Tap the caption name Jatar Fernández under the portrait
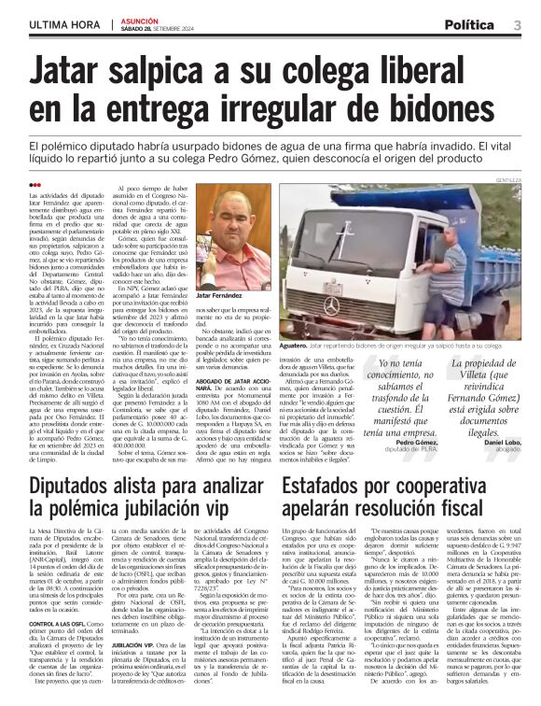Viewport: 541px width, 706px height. click(219, 294)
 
